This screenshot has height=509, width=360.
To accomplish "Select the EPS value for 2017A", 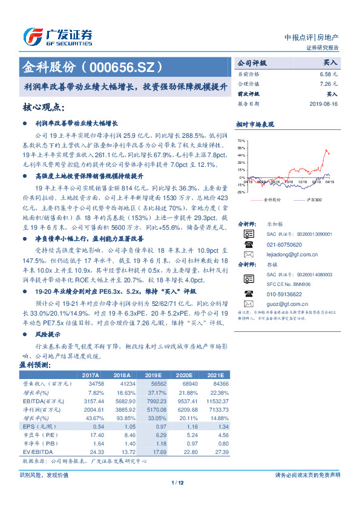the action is point(95,427).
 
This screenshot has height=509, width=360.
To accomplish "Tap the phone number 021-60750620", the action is point(284,245).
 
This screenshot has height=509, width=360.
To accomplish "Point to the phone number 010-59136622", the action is point(284,293).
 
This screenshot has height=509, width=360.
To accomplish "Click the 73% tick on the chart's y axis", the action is point(241,140).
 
